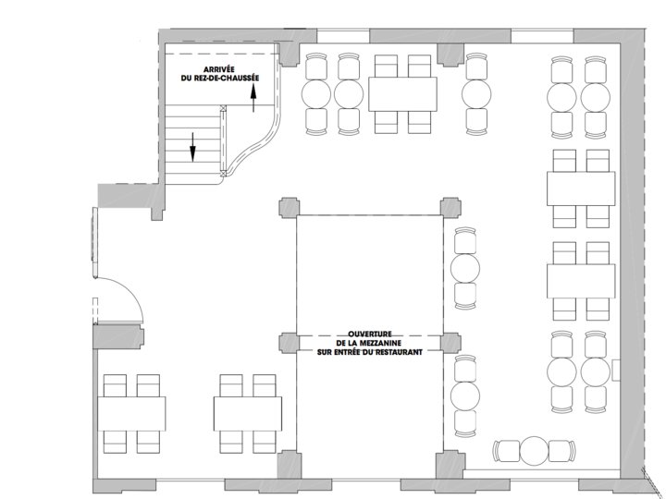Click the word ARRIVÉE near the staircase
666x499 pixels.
pyautogui.click(x=218, y=69)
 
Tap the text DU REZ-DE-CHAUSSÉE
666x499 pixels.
pyautogui.click(x=219, y=78)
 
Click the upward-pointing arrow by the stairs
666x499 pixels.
pyautogui.click(x=253, y=98)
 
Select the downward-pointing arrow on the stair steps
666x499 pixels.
pyautogui.click(x=192, y=147)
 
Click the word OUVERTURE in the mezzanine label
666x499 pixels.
pyautogui.click(x=369, y=335)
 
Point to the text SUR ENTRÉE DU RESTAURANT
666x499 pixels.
pyautogui.click(x=369, y=352)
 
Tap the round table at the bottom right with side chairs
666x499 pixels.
pyautogui.click(x=535, y=451)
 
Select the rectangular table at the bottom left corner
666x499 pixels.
pyautogui.click(x=131, y=414)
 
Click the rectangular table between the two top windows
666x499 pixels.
pyautogui.click(x=402, y=94)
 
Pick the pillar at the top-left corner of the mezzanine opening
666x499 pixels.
pyautogui.click(x=290, y=208)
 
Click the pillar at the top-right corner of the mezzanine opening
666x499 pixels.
pyautogui.click(x=450, y=208)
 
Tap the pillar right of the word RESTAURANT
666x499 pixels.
pyautogui.click(x=450, y=343)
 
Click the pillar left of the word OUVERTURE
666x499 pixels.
pyautogui.click(x=290, y=343)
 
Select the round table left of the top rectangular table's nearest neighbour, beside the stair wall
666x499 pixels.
pyautogui.click(x=316, y=94)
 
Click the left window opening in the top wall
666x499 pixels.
pyautogui.click(x=343, y=36)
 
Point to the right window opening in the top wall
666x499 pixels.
pyautogui.click(x=542, y=36)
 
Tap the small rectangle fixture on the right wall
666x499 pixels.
pyautogui.click(x=616, y=371)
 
